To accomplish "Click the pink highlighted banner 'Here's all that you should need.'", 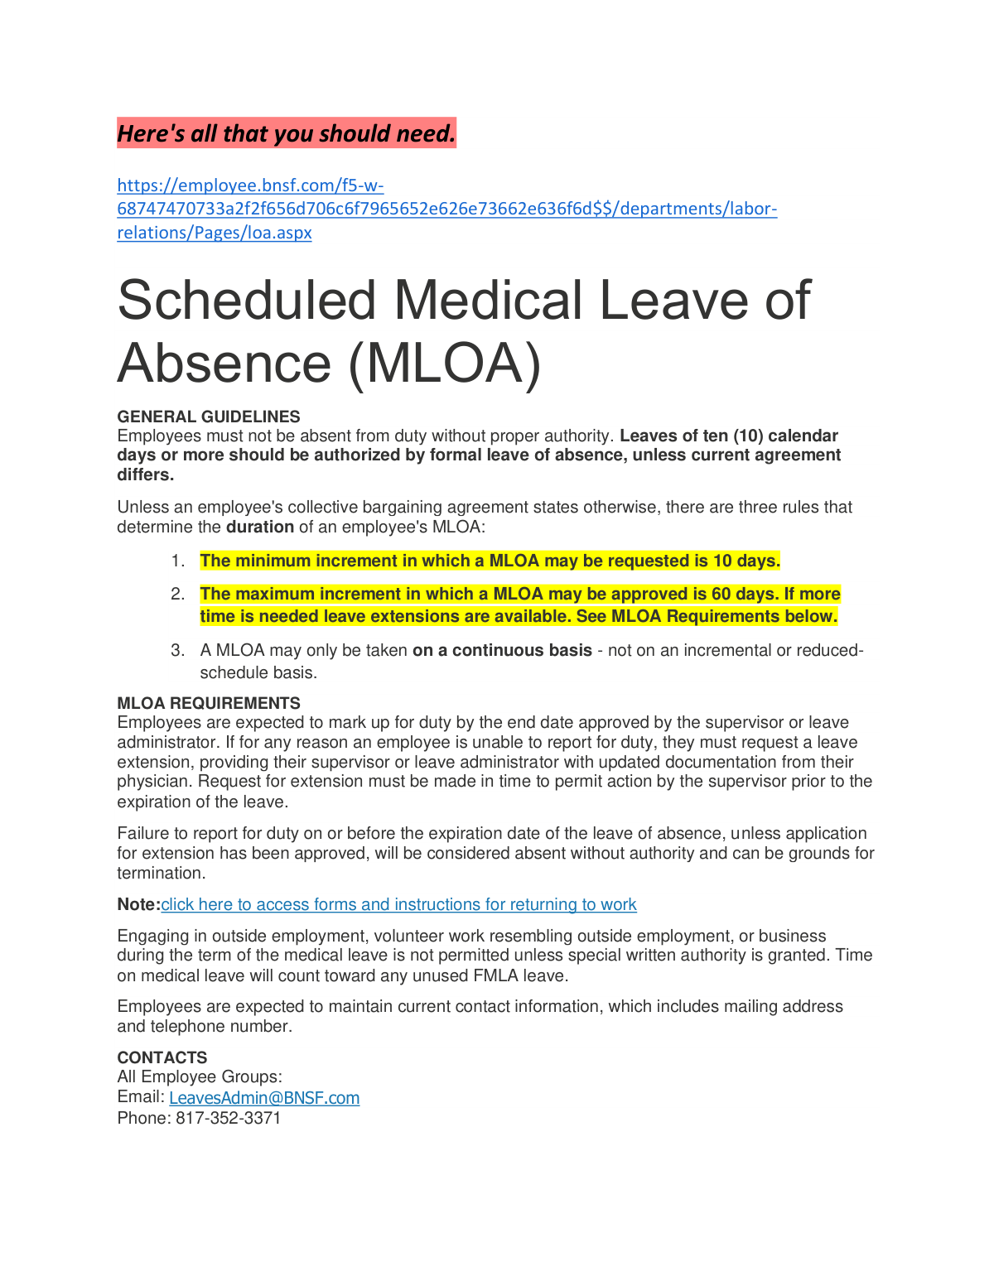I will coord(286,133).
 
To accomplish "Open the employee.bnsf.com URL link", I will coord(446,209).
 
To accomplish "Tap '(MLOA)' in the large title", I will coord(445,364).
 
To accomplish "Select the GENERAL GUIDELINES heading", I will coord(209,417).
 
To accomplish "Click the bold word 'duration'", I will coord(260,527).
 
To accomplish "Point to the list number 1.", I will coord(177,561).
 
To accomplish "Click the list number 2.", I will coord(177,595).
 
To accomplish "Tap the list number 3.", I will coord(177,651).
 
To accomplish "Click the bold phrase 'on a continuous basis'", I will coord(502,651).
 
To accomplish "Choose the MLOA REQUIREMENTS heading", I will coord(209,703).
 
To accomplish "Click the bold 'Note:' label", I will coord(138,905).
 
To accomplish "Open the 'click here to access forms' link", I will coord(398,905).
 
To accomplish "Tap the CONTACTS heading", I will coord(162,1057).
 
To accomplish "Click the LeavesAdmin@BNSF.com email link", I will coord(264,1098).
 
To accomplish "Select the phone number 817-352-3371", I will coord(228,1119).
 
